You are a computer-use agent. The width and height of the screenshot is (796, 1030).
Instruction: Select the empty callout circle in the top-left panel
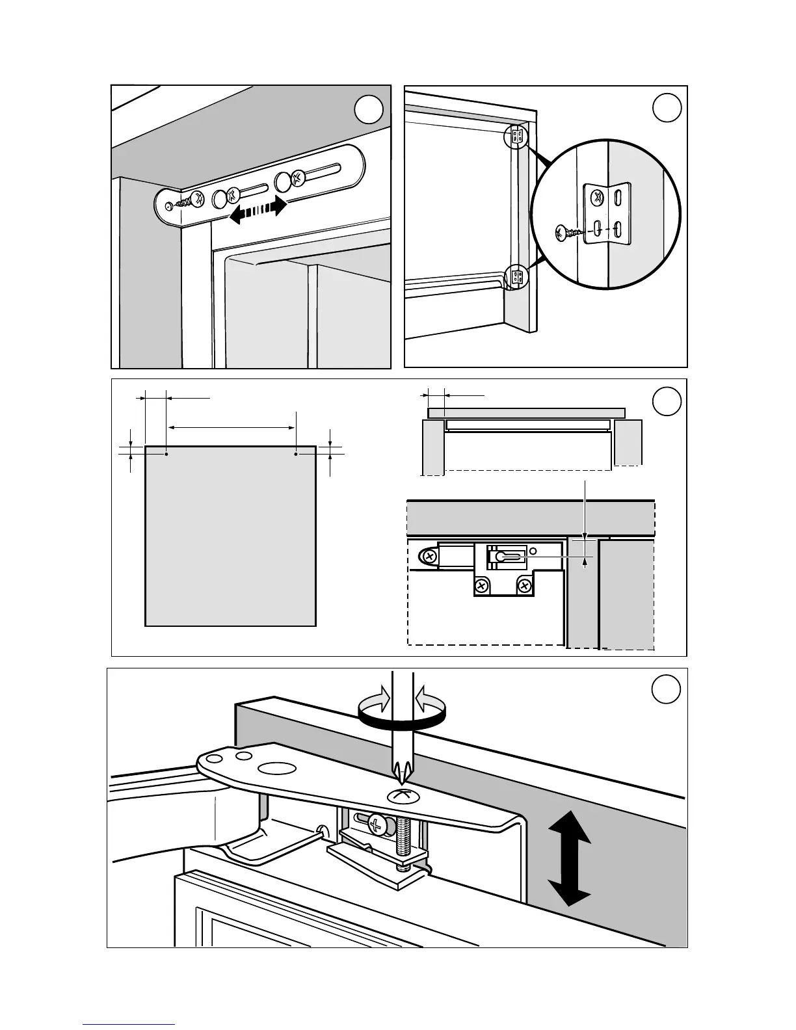(x=370, y=112)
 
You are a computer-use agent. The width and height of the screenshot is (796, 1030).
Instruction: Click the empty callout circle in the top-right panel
(x=667, y=108)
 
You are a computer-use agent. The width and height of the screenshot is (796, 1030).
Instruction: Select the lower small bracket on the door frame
(x=518, y=277)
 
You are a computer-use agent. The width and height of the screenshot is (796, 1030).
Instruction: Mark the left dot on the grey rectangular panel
(x=167, y=454)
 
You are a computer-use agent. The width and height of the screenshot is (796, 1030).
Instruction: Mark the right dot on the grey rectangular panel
(x=296, y=454)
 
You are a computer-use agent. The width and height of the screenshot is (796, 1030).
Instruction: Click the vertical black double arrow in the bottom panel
(x=570, y=858)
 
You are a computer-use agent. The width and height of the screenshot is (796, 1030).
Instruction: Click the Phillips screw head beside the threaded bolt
(x=377, y=824)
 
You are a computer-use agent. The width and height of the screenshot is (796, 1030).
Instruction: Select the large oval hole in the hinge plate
(x=275, y=769)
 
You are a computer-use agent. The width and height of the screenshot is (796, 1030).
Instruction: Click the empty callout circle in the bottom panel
(x=667, y=690)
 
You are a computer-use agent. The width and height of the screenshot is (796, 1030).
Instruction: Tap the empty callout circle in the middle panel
(x=667, y=401)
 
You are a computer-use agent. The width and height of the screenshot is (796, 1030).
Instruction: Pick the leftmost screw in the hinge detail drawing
(x=430, y=557)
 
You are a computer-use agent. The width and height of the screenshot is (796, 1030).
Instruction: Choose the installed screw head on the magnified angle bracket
(x=597, y=196)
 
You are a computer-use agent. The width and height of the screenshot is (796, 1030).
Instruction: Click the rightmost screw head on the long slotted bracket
(x=297, y=177)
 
